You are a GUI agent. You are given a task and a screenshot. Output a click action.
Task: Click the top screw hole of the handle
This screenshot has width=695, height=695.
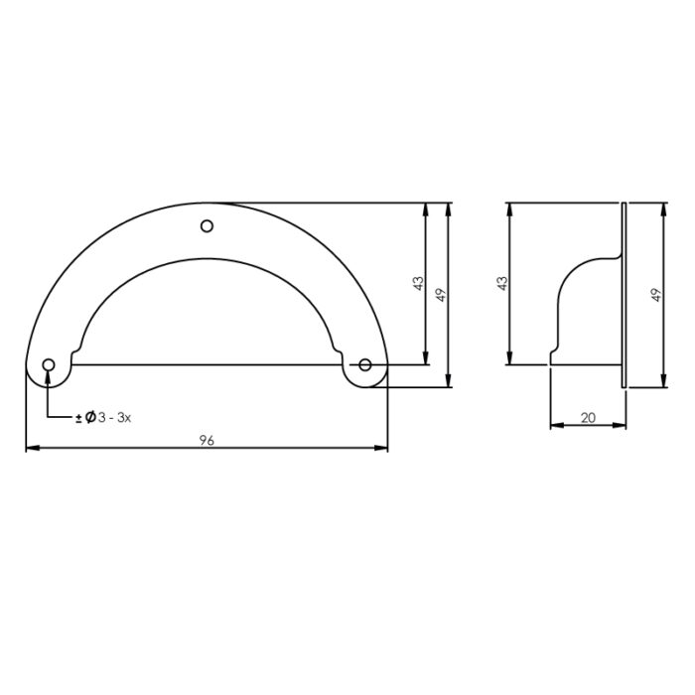click(x=207, y=226)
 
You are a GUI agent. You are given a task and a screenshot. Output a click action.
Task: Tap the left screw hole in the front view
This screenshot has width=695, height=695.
click(x=49, y=365)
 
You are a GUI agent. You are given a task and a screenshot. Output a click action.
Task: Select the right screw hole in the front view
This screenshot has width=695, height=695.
click(x=364, y=364)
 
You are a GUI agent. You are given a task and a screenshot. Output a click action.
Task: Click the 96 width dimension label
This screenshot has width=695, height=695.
click(x=207, y=440)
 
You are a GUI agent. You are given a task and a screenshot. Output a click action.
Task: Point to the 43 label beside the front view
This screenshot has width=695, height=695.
click(x=418, y=283)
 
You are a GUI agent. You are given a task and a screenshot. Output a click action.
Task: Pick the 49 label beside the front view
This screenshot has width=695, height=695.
click(x=441, y=295)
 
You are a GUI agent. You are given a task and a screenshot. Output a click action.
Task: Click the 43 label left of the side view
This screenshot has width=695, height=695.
click(x=501, y=283)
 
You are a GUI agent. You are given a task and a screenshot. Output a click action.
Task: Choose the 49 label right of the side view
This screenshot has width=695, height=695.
click(x=656, y=295)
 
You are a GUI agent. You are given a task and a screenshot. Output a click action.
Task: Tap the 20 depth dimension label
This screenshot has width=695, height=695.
click(x=588, y=418)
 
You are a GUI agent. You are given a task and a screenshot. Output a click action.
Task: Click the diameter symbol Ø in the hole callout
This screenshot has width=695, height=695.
click(x=90, y=417)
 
